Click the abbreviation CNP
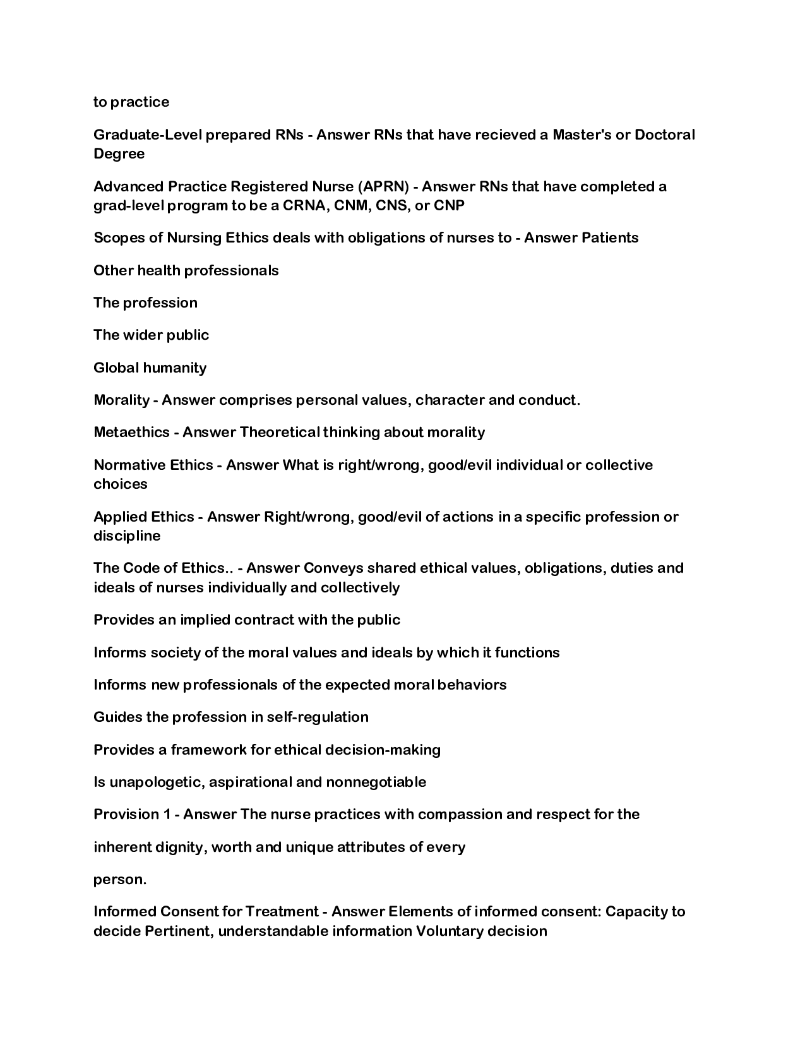(x=449, y=205)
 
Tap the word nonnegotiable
(x=376, y=782)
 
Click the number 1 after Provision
(x=167, y=814)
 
